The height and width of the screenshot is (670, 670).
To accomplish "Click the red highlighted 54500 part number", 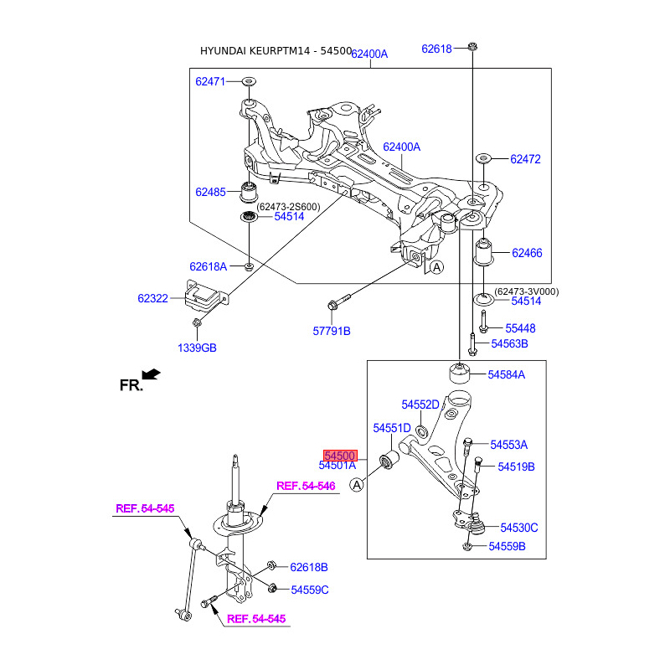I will click(341, 455).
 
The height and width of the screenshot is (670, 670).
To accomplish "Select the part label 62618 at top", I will click(436, 49).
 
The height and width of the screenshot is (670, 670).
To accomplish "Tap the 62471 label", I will click(211, 81).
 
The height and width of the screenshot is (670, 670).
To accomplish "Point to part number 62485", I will click(211, 192).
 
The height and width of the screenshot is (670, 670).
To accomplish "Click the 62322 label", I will click(152, 297).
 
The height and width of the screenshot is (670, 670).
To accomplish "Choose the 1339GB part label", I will click(197, 348).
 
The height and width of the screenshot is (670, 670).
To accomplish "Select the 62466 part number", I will click(527, 252).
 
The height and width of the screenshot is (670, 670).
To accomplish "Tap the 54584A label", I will click(507, 374).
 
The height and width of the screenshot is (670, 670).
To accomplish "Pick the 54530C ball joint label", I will click(519, 527).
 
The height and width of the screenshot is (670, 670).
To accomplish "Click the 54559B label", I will click(507, 547).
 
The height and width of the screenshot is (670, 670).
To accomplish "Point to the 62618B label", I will click(309, 567).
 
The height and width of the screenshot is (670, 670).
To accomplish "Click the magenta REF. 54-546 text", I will click(306, 486).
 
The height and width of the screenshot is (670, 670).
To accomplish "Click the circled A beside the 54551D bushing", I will click(358, 485).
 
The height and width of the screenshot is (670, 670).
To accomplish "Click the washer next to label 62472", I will click(483, 158).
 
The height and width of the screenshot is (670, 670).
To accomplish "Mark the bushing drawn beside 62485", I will click(249, 192).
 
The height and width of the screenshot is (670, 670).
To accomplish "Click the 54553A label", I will click(508, 445).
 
